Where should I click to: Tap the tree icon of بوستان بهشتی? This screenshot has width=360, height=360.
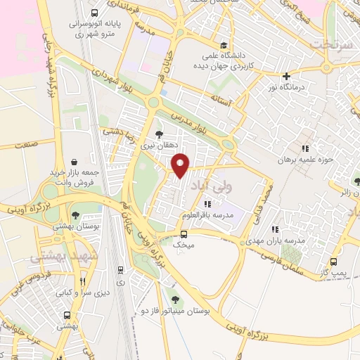click(x=75, y=216)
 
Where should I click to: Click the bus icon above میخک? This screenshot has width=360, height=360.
click(x=183, y=234)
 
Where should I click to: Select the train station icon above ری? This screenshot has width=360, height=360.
click(x=120, y=269)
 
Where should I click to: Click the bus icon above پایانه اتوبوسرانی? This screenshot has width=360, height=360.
click(x=94, y=13)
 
